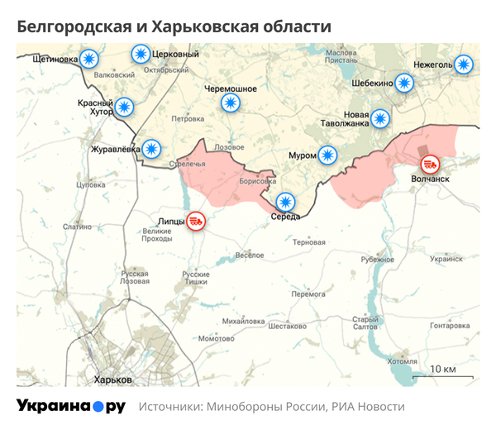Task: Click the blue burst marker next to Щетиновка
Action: [88, 59]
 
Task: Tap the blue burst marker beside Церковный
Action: [141, 55]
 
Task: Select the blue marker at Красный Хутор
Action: [124, 106]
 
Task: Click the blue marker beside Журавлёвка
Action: [151, 149]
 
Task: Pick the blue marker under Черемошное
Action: [231, 103]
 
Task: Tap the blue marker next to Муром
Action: [328, 155]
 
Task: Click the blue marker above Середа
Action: [285, 201]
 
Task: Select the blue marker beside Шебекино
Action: [403, 82]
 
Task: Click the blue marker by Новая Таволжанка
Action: [379, 118]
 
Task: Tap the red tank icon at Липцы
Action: [196, 221]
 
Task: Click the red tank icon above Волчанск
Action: [429, 164]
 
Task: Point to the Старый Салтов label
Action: [365, 323]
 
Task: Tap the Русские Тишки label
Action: [196, 278]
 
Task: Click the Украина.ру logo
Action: [71, 406]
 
